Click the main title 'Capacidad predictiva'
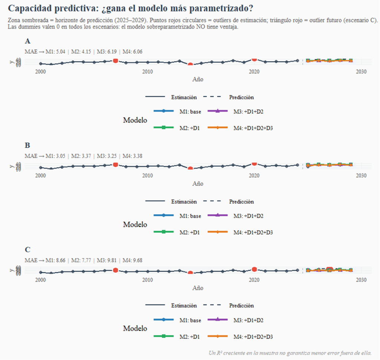131,8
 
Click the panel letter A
27,41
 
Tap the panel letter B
27,145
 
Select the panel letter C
27,249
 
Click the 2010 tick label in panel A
147,72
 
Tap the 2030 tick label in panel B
361,176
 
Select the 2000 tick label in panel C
40,280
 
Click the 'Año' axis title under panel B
198,184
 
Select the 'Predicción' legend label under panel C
241,306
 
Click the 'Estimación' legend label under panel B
184,202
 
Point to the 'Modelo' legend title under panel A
135,120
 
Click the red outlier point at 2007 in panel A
115,61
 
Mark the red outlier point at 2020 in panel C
255,270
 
